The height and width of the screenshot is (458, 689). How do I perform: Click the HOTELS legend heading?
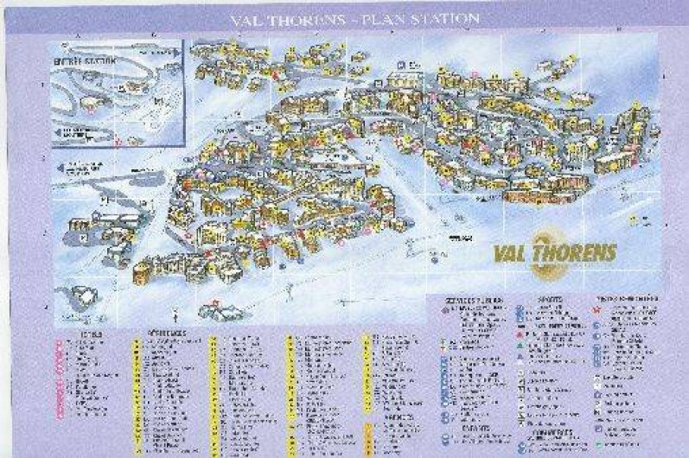(87, 332)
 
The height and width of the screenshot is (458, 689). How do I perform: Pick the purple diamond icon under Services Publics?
(446, 309)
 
